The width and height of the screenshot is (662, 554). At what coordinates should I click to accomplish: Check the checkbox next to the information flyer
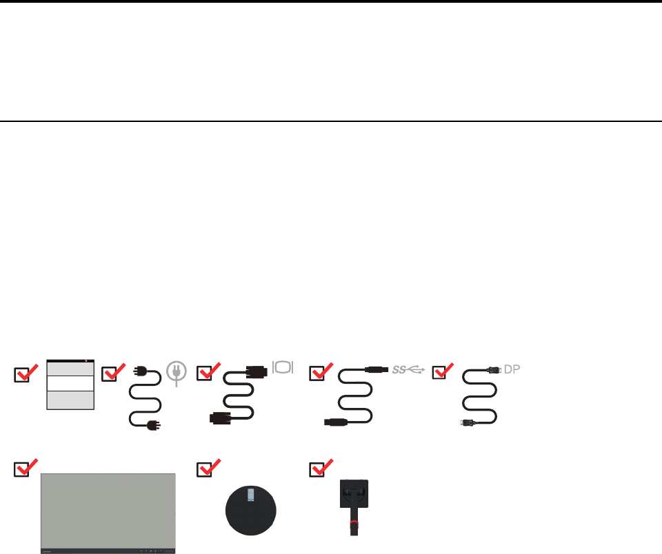[x=23, y=375]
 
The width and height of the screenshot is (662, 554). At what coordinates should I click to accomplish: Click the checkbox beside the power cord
[x=110, y=375]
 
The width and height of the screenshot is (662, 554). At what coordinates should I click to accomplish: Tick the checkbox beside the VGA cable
[x=205, y=375]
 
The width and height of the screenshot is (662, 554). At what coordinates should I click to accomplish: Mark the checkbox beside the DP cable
[x=439, y=375]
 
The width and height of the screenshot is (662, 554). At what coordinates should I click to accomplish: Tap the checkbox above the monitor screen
[x=23, y=470]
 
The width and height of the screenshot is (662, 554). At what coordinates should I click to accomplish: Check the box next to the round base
[x=205, y=470]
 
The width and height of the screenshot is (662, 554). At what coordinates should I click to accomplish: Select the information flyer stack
[x=70, y=384]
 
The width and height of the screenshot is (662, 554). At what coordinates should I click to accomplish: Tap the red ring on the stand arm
[x=354, y=524]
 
